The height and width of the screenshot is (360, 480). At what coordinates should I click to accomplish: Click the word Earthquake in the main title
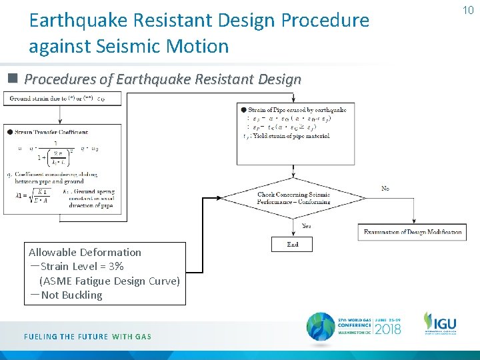[79, 21]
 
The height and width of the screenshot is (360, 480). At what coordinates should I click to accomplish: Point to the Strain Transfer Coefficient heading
[51, 132]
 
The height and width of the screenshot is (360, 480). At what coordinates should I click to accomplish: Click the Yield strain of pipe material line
[289, 136]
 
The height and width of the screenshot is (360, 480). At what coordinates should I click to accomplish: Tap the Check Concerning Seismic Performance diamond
[293, 198]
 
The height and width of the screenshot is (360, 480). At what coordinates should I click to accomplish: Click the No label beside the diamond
[385, 189]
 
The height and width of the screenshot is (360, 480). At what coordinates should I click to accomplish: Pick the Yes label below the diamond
[307, 226]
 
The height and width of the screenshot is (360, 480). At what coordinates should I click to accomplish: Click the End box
[293, 245]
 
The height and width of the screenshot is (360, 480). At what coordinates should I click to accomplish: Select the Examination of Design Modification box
[413, 232]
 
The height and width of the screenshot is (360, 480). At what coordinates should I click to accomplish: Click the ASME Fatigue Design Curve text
[109, 281]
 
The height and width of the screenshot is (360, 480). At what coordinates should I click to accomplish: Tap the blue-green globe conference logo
[321, 327]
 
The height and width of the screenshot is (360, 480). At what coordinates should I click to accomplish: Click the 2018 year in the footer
[388, 329]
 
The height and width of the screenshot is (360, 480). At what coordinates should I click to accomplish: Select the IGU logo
[440, 324]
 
